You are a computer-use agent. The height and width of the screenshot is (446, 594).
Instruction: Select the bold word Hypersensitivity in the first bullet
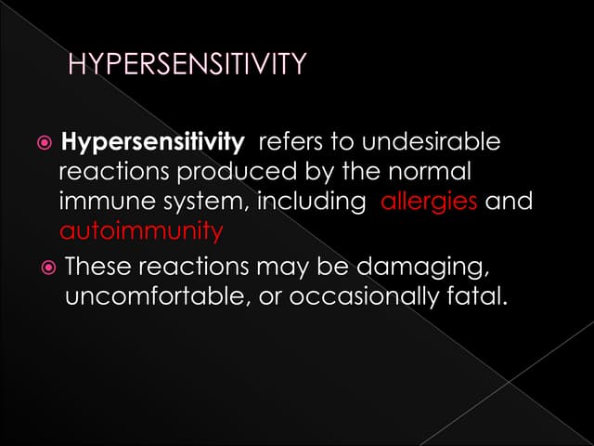coord(151,143)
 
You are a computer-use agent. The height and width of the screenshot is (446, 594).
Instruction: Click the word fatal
coord(479,297)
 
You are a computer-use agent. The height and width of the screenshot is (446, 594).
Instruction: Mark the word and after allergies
coord(509,202)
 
